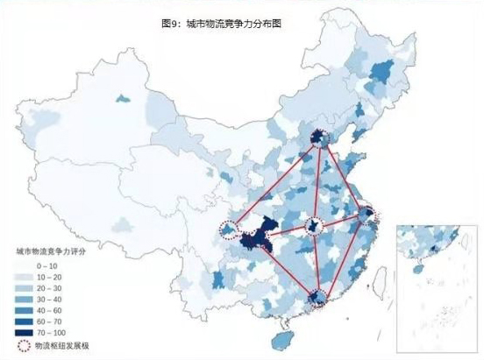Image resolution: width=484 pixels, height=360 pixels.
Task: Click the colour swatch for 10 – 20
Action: tap(21, 275)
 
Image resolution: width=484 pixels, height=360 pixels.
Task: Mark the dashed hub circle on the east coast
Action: tap(367, 214)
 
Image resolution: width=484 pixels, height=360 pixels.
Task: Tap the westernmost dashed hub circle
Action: tap(230, 229)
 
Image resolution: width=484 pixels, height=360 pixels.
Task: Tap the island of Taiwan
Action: tap(381, 279)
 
